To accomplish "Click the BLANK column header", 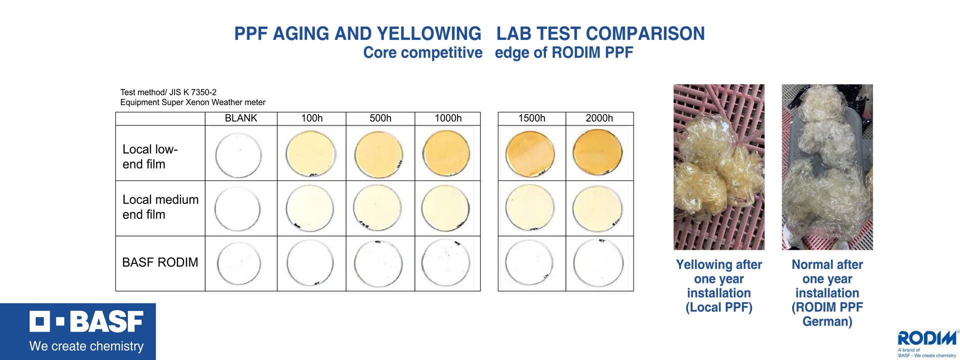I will pyautogui.click(x=241, y=118).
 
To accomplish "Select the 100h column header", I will pyautogui.click(x=311, y=118).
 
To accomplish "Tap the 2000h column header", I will pyautogui.click(x=599, y=118).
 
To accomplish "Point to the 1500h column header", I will pyautogui.click(x=531, y=118).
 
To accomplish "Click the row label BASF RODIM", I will pyautogui.click(x=160, y=262).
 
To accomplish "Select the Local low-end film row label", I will pyautogui.click(x=149, y=156).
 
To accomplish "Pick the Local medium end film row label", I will pyautogui.click(x=160, y=207).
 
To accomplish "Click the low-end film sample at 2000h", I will pyautogui.click(x=597, y=152).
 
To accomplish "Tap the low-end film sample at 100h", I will pyautogui.click(x=310, y=153).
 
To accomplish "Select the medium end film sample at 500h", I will pyautogui.click(x=377, y=208).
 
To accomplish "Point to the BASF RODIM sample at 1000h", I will pyautogui.click(x=445, y=263).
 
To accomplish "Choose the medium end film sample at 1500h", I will pyautogui.click(x=530, y=207).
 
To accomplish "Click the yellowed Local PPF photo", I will pyautogui.click(x=718, y=167).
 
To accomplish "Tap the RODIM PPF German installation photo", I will pyautogui.click(x=827, y=167).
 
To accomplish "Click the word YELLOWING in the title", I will pyautogui.click(x=428, y=34).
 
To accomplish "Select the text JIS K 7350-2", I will pyautogui.click(x=192, y=92).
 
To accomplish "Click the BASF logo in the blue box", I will pyautogui.click(x=86, y=322).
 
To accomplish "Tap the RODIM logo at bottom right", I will pyautogui.click(x=927, y=339).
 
